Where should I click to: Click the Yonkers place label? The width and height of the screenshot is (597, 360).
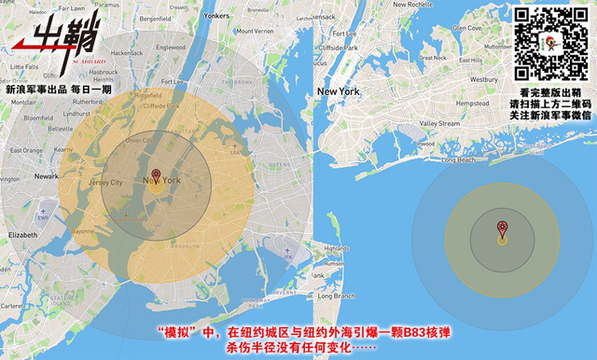tap(216, 16)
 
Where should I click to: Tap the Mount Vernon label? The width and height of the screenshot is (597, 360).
tap(254, 31)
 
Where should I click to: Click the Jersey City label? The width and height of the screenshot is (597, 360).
tap(104, 183)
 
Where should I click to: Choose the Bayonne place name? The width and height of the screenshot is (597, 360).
tap(83, 229)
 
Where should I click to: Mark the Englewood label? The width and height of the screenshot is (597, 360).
tap(170, 47)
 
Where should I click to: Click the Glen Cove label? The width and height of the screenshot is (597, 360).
tap(466, 28)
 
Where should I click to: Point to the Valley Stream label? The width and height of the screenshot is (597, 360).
tap(439, 123)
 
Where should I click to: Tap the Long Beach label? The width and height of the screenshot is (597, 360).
tap(458, 159)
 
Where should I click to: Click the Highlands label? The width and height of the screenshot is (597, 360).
tap(336, 249)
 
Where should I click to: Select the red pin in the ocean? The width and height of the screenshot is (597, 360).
tap(502, 227)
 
